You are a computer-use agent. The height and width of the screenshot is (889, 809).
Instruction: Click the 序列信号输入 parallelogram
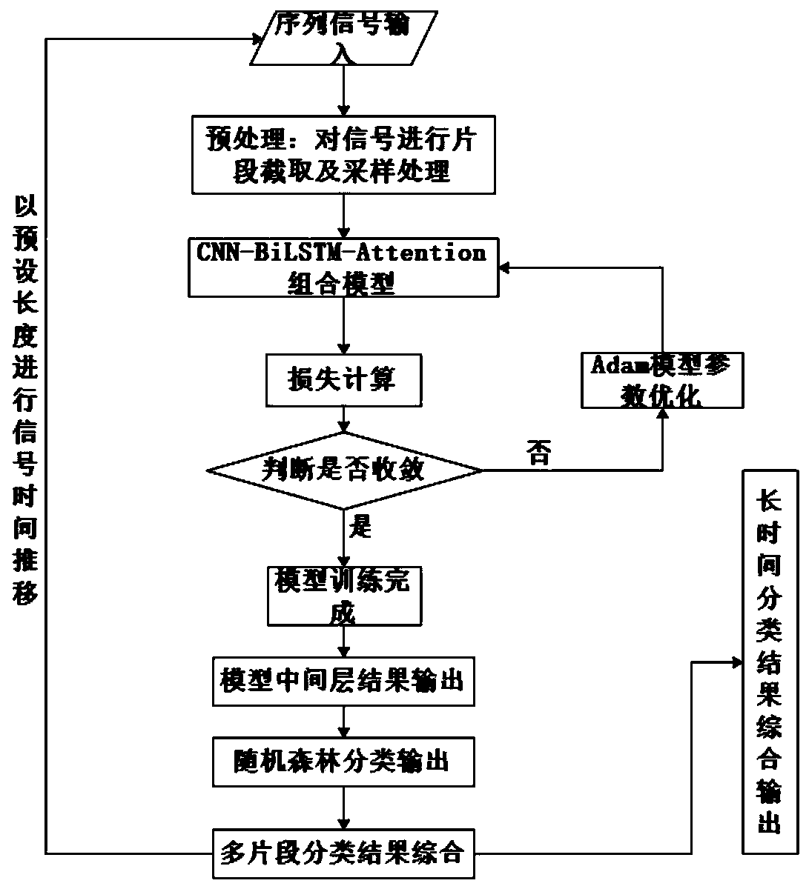344,38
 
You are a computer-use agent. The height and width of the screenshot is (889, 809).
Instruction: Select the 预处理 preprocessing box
343,155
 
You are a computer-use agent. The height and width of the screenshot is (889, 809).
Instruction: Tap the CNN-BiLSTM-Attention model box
343,267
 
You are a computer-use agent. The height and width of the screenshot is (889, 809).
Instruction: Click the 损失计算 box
343,380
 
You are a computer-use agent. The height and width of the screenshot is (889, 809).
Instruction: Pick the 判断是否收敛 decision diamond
344,470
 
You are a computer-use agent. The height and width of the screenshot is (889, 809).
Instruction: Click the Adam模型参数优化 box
662,380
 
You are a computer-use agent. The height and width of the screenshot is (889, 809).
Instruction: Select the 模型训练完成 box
344,596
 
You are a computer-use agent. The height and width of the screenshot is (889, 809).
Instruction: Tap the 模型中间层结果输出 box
343,682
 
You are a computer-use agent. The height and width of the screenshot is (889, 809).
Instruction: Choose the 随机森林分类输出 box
343,762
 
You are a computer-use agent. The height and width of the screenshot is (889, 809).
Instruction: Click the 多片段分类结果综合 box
343,853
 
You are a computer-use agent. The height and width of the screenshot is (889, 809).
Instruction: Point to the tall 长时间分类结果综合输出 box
770,662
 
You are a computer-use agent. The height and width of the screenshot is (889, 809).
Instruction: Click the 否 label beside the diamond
539,453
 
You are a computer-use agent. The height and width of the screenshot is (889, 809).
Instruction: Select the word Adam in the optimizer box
619,364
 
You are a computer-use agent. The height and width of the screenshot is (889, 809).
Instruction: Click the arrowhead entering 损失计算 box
344,348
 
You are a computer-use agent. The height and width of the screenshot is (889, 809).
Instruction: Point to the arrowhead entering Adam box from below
663,414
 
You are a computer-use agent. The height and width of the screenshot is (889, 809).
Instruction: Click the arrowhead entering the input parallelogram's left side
256,39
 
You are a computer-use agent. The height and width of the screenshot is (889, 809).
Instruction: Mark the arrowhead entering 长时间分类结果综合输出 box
736,663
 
